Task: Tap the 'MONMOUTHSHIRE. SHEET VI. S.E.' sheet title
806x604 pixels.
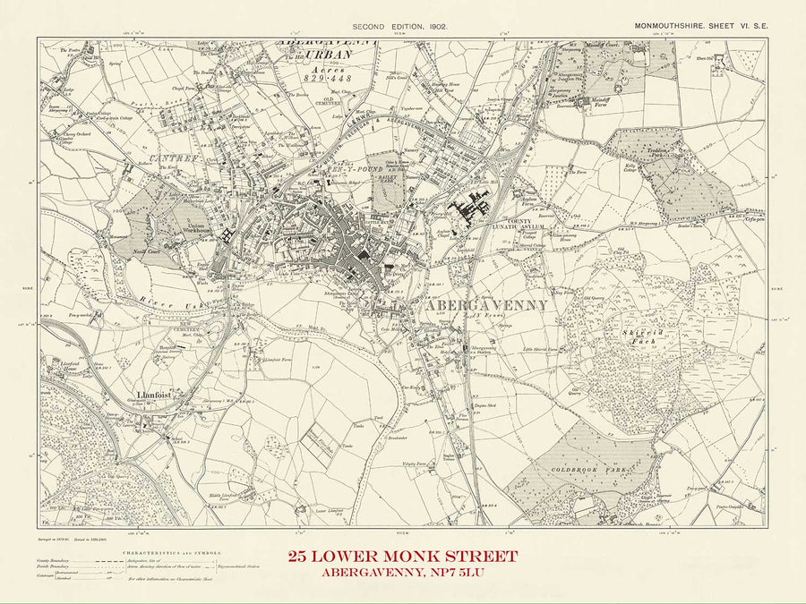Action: pyautogui.click(x=697, y=28)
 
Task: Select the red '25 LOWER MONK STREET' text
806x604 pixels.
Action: pyautogui.click(x=402, y=556)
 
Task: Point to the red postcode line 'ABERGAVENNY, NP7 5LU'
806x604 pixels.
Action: pyautogui.click(x=402, y=574)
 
